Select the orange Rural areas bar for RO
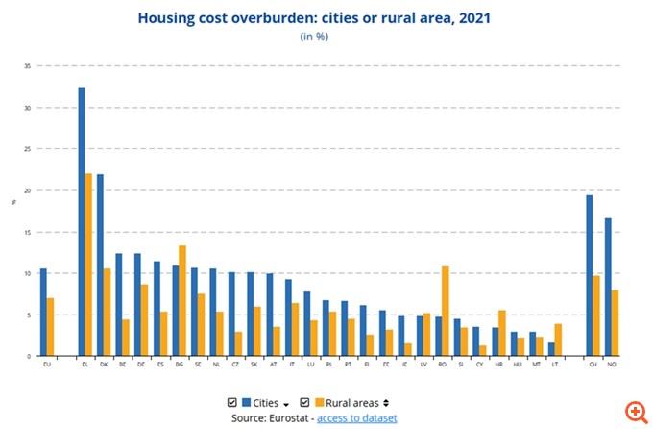[445, 311]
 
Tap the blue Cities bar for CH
[590, 275]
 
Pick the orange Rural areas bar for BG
[182, 300]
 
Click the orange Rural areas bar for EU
[51, 327]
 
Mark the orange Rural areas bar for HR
[501, 333]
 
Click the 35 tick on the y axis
[29, 65]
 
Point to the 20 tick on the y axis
[29, 190]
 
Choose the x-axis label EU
[47, 365]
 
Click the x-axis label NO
[612, 365]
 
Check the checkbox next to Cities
[231, 402]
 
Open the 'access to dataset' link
[357, 418]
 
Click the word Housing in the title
[167, 17]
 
